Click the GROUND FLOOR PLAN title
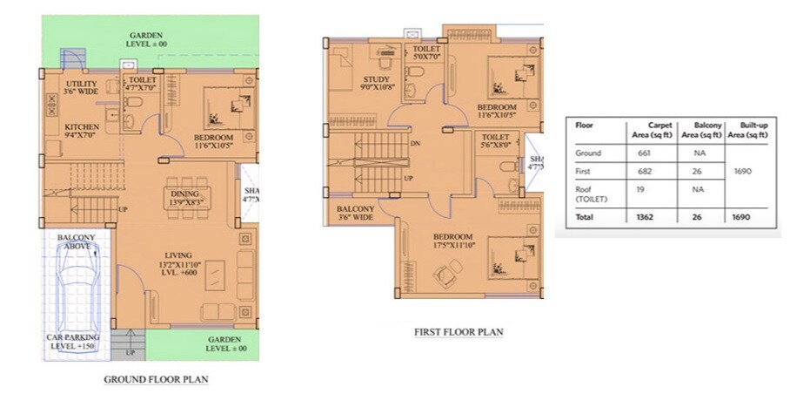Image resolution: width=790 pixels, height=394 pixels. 157,379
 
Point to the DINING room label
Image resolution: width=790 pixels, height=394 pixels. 184,198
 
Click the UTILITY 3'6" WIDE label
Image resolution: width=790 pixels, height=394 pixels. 82,89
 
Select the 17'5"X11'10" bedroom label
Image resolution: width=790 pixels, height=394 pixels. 452,241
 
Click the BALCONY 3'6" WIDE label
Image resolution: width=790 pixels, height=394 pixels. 356,214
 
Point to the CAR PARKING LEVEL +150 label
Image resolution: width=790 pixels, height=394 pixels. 73,342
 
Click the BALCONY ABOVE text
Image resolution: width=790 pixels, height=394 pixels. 77,241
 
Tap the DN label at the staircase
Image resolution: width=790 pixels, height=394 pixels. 416,145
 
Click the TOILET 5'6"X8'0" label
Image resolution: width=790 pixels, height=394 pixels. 495,142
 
